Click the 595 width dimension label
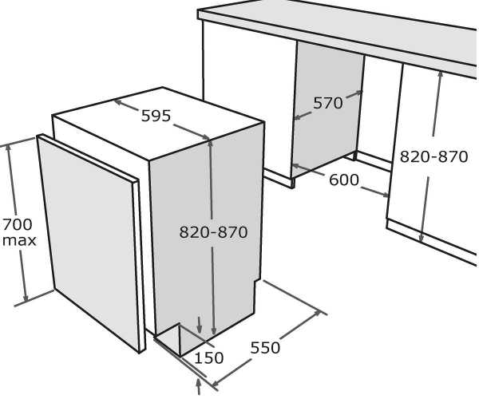point(156,116)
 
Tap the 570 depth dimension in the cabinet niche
point(328,103)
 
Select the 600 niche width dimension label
point(343,180)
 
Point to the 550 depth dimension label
point(265,348)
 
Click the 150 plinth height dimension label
point(209,358)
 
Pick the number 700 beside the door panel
point(18,225)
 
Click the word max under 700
point(19,240)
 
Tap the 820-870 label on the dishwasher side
point(213,232)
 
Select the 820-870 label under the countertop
point(433,156)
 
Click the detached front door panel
point(91,243)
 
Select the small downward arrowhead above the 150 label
point(200,329)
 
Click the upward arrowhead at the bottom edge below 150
point(199,384)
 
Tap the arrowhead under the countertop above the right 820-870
point(440,76)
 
